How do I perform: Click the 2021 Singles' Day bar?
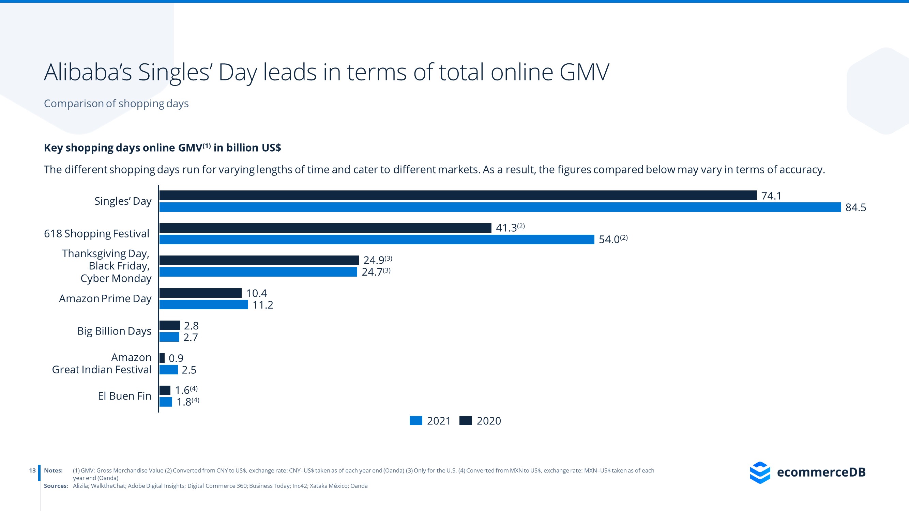pyautogui.click(x=500, y=207)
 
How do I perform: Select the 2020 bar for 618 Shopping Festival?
pyautogui.click(x=325, y=228)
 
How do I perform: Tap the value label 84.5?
pyautogui.click(x=855, y=207)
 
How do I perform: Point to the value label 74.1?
pyautogui.click(x=771, y=196)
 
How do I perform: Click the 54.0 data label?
pyautogui.click(x=609, y=239)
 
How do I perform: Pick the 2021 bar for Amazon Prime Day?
pyautogui.click(x=203, y=305)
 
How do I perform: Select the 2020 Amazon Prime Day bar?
pyautogui.click(x=200, y=293)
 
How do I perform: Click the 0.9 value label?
pyautogui.click(x=176, y=358)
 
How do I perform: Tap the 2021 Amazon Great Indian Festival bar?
pyautogui.click(x=168, y=370)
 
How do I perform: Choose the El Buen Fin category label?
pyautogui.click(x=124, y=396)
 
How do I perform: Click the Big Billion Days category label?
pyautogui.click(x=114, y=331)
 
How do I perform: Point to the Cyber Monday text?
pyautogui.click(x=116, y=278)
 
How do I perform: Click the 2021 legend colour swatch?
pyautogui.click(x=416, y=421)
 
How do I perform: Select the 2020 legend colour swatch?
pyautogui.click(x=466, y=421)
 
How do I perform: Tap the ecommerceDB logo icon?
pyautogui.click(x=760, y=472)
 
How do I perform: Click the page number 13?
pyautogui.click(x=32, y=470)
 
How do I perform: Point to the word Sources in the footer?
pyautogui.click(x=56, y=486)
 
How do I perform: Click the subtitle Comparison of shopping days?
pyautogui.click(x=116, y=103)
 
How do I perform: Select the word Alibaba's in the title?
pyautogui.click(x=88, y=72)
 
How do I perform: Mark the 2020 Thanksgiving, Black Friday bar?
pyautogui.click(x=259, y=260)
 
